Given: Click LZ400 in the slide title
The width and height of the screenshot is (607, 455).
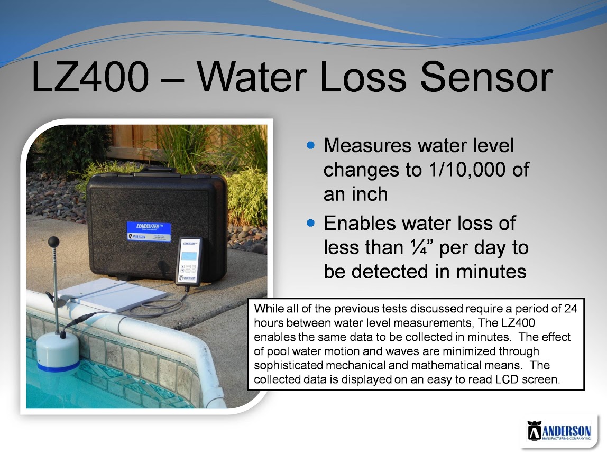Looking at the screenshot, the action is point(90,77).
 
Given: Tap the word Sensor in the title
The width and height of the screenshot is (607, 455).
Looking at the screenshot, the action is point(486,77).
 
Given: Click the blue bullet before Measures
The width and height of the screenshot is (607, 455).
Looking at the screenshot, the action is point(310,145).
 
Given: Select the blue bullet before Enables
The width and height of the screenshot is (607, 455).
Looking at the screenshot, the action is point(310,223).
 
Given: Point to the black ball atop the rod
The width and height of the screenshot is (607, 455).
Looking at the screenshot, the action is point(53,242).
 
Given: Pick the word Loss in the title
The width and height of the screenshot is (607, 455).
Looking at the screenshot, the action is point(363,77).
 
